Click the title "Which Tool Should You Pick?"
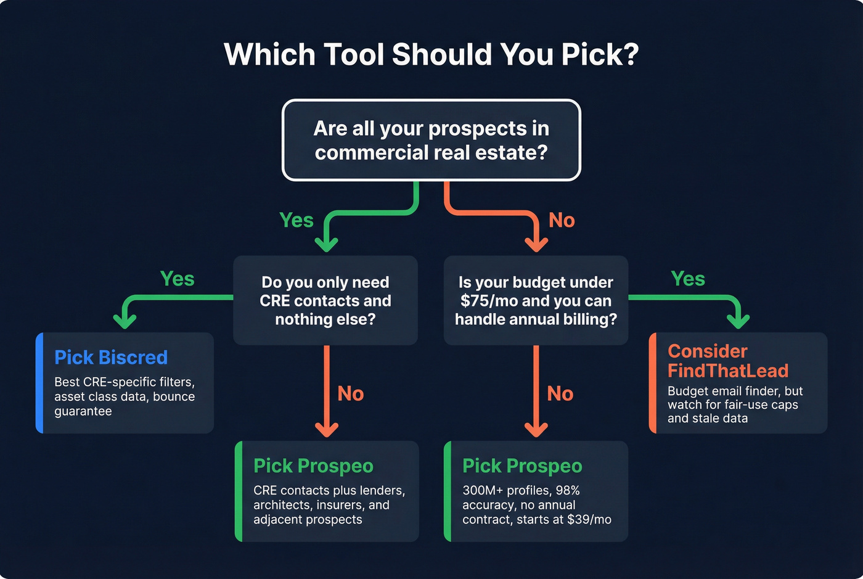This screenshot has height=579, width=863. pyautogui.click(x=431, y=54)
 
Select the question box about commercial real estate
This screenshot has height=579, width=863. pyautogui.click(x=431, y=140)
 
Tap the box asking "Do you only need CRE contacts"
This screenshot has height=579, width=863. pyautogui.click(x=325, y=300)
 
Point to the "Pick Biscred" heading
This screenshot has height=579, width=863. pyautogui.click(x=111, y=358)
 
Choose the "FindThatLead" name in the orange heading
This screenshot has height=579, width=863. pyautogui.click(x=727, y=371)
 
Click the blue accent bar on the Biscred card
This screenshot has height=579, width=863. pyautogui.click(x=39, y=383)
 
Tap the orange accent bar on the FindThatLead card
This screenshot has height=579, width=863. pyautogui.click(x=652, y=383)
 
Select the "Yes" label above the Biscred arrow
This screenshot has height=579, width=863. pyautogui.click(x=177, y=279)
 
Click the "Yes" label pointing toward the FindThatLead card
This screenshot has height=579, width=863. pyautogui.click(x=687, y=279)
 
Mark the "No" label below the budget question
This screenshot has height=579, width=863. pyautogui.click(x=560, y=393)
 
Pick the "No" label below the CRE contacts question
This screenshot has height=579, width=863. pyautogui.click(x=350, y=393)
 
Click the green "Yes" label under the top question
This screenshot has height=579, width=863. pyautogui.click(x=296, y=220)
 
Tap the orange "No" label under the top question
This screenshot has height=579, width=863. pyautogui.click(x=562, y=220)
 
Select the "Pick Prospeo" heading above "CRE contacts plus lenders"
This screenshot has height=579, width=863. pyautogui.click(x=313, y=466)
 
